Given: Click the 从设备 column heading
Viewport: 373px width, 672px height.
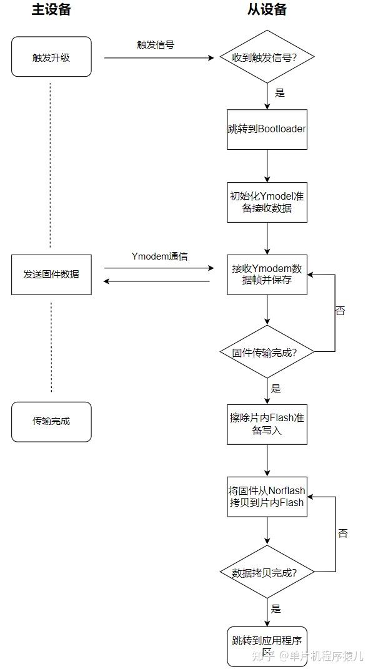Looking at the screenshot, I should [267, 10].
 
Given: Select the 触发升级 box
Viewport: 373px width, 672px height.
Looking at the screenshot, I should [51, 57].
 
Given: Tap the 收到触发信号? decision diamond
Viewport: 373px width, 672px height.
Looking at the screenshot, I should [267, 57].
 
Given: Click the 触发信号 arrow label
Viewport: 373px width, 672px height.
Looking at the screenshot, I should [156, 45].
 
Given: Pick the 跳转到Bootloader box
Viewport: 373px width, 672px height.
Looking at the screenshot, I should [267, 129].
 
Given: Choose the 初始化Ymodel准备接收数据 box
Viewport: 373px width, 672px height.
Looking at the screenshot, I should [267, 202].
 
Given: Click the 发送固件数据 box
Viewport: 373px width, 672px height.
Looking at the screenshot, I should [51, 274].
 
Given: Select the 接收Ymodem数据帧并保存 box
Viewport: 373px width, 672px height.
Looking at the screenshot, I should [267, 275].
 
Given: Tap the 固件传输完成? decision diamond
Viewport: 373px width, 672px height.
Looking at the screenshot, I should [267, 352].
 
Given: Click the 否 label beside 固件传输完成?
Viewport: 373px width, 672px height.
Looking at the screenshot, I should [340, 310].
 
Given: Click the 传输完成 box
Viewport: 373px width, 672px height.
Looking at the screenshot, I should [51, 421].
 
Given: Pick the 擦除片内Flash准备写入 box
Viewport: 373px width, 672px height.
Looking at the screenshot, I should [267, 424].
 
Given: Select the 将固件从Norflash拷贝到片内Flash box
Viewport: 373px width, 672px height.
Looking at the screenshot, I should [267, 497].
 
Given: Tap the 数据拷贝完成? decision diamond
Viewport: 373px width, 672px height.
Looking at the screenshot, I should [267, 572].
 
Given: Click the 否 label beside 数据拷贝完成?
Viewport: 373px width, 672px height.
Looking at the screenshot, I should [342, 533].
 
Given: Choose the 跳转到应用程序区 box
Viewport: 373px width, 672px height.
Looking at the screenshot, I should [267, 646].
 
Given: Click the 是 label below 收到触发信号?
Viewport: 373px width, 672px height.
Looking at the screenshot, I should [279, 93].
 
